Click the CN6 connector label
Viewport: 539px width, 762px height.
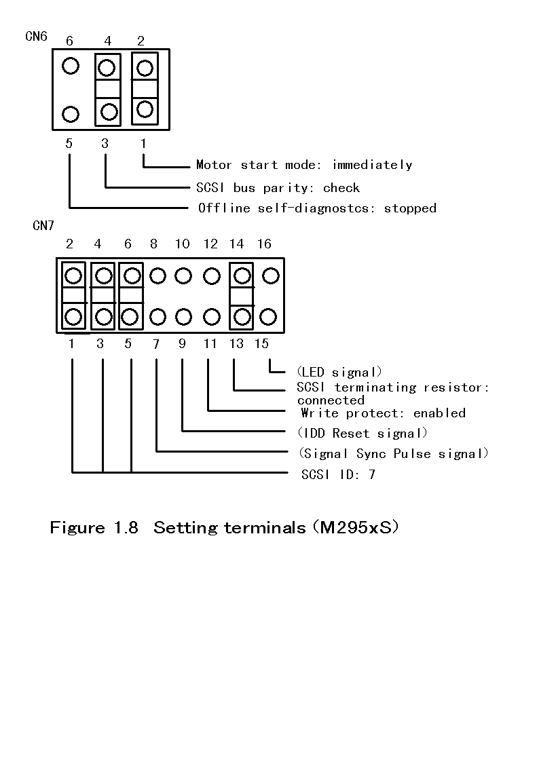(x=36, y=36)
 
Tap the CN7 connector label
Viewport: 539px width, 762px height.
(x=43, y=226)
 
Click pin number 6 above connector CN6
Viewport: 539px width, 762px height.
(x=70, y=41)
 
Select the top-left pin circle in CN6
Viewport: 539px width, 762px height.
(x=71, y=66)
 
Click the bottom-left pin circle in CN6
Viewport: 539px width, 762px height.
(x=71, y=113)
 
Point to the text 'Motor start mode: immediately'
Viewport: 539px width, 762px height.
(x=303, y=165)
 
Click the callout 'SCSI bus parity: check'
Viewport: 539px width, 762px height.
(x=278, y=188)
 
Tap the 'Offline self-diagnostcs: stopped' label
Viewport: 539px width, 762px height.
(x=316, y=208)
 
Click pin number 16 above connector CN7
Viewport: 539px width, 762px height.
(x=264, y=244)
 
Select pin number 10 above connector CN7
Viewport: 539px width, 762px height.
(x=182, y=244)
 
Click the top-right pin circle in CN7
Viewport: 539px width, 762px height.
(x=270, y=275)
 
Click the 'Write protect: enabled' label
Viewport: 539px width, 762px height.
(x=383, y=413)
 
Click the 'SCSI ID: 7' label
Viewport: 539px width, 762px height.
(x=338, y=474)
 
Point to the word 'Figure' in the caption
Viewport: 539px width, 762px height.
(x=77, y=528)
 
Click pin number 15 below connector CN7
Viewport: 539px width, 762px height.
(x=261, y=344)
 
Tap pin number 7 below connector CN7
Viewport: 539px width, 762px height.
(x=156, y=344)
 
